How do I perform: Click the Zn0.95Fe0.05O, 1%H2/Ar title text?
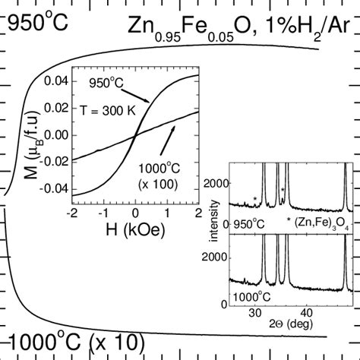coord(239,28)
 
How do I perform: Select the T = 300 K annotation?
coord(108,111)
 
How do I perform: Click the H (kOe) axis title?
coord(135,230)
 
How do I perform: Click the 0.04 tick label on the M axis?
coord(56,81)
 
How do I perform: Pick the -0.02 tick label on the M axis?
coord(54,162)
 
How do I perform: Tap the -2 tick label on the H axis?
coord(72,213)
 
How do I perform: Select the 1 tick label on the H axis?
coord(167,213)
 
